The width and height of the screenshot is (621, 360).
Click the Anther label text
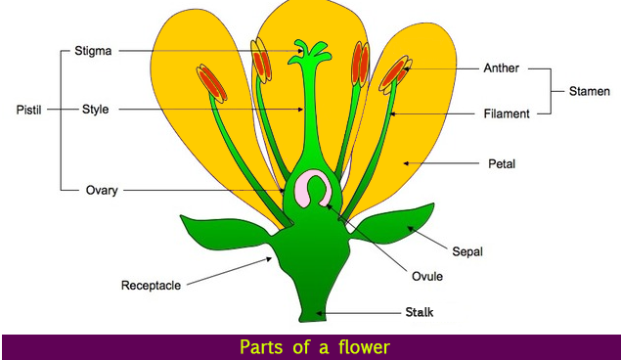coord(501,69)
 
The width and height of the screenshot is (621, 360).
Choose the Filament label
coord(506,114)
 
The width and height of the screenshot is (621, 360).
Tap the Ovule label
coord(427,277)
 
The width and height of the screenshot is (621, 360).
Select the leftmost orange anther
coord(210,83)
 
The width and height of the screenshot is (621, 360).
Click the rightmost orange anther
coord(397,72)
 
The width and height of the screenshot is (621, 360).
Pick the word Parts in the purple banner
coord(260,346)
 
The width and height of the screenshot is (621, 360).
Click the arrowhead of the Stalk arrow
coord(320,313)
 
